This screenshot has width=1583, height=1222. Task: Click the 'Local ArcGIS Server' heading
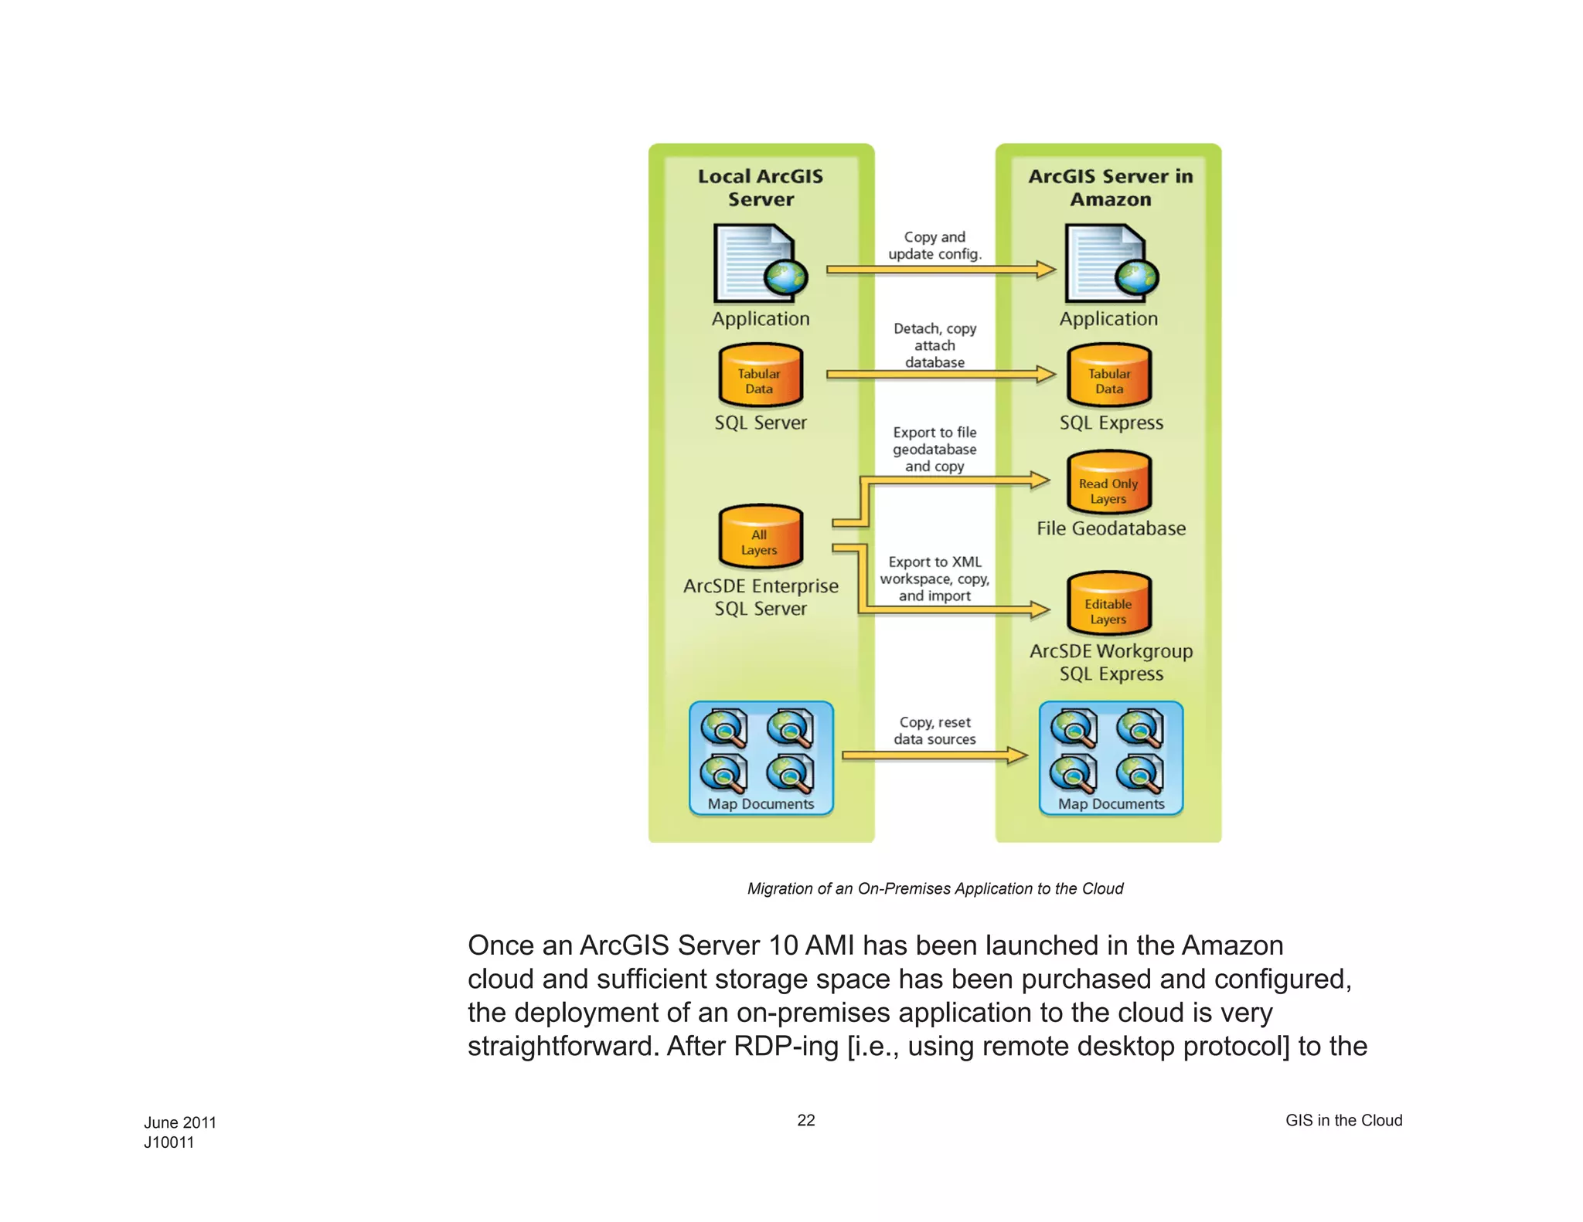click(761, 188)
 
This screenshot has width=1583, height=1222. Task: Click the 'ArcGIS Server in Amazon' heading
click(1110, 188)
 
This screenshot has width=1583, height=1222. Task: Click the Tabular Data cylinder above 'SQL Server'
click(761, 376)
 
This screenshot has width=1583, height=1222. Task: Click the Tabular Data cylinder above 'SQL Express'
click(1109, 376)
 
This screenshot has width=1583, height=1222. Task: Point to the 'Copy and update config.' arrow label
click(934, 246)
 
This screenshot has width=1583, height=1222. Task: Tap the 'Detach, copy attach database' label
click(934, 345)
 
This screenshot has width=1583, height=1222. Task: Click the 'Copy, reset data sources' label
click(934, 731)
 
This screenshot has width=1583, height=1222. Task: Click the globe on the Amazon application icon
click(1137, 279)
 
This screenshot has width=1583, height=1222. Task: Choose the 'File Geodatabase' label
click(1111, 529)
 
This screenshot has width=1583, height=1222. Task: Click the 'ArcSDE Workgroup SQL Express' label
click(1111, 663)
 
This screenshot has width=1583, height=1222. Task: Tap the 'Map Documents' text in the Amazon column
click(1111, 804)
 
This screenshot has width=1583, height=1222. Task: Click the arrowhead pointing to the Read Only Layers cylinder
click(1040, 480)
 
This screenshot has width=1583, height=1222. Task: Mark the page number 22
click(806, 1120)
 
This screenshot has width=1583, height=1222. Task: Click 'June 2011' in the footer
click(180, 1122)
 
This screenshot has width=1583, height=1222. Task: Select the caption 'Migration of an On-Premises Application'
click(934, 889)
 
